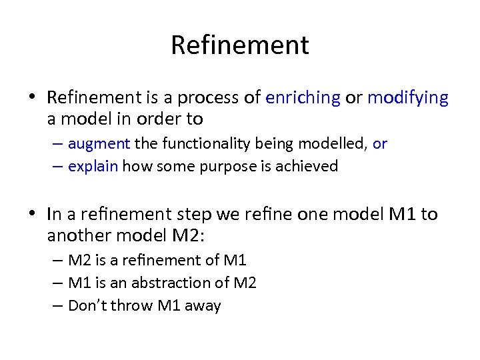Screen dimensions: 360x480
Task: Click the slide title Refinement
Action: (x=240, y=45)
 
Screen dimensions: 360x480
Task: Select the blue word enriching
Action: (x=303, y=98)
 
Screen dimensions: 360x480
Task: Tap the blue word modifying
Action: (x=408, y=98)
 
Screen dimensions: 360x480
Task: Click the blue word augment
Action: (x=99, y=143)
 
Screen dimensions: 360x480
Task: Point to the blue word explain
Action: (x=93, y=166)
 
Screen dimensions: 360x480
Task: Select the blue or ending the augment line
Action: (x=380, y=143)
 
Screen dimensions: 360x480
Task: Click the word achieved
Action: (x=309, y=166)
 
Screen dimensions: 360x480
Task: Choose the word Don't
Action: (x=87, y=305)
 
